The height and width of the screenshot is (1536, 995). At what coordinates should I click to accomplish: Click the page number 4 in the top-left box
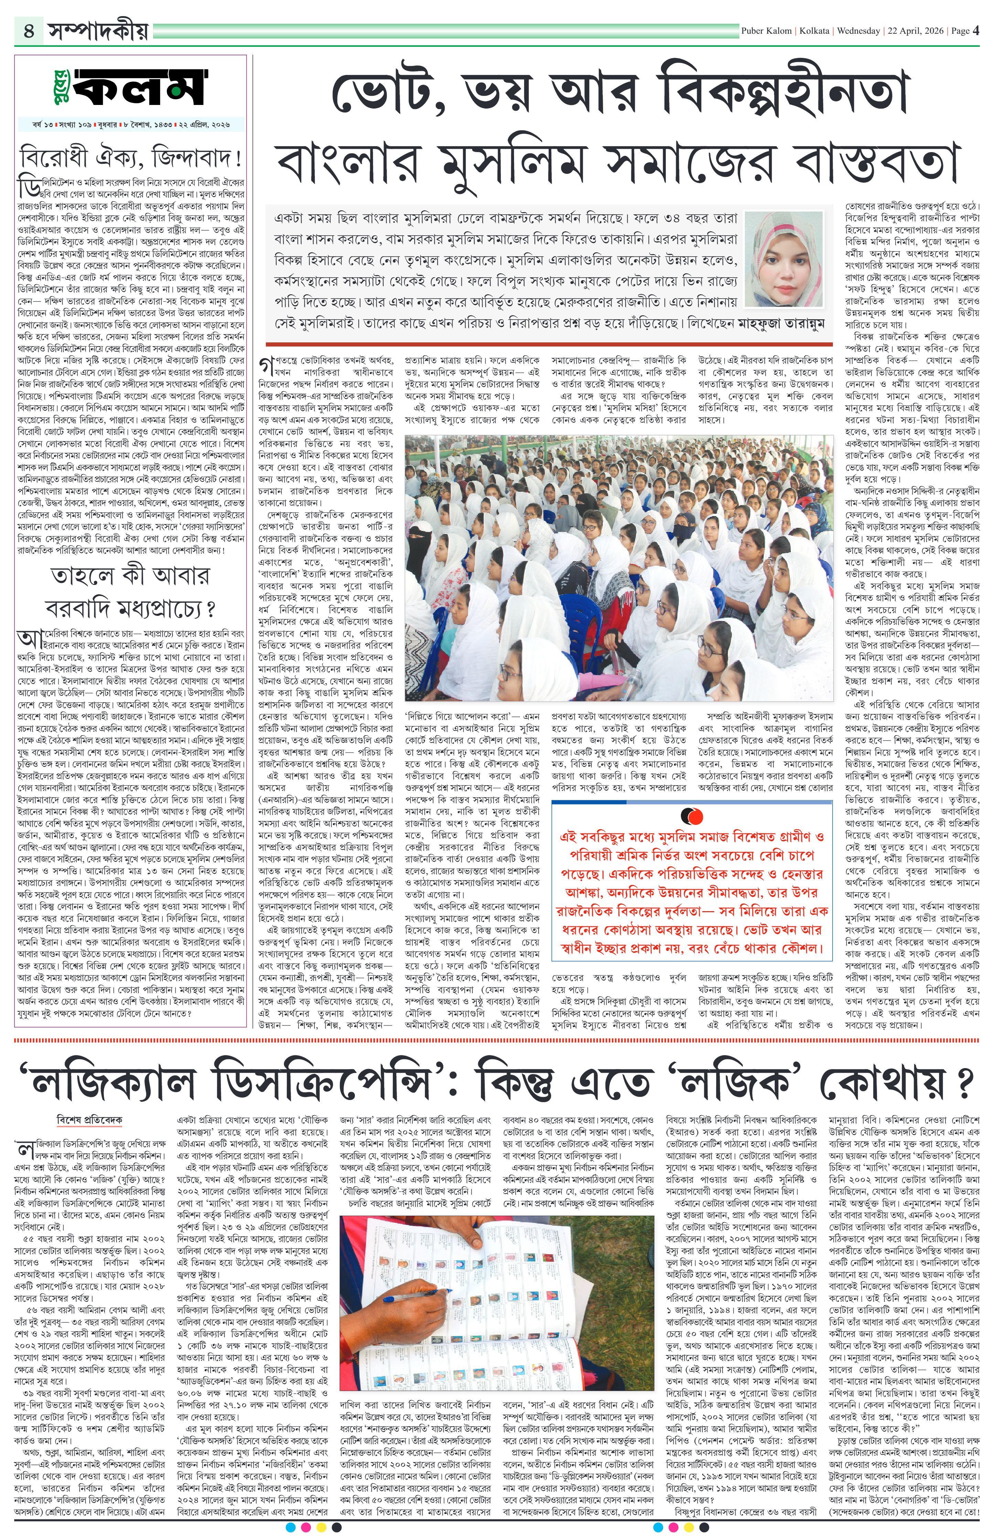pyautogui.click(x=29, y=30)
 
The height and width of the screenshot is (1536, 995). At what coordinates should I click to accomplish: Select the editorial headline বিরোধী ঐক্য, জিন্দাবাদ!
pyautogui.click(x=132, y=158)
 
